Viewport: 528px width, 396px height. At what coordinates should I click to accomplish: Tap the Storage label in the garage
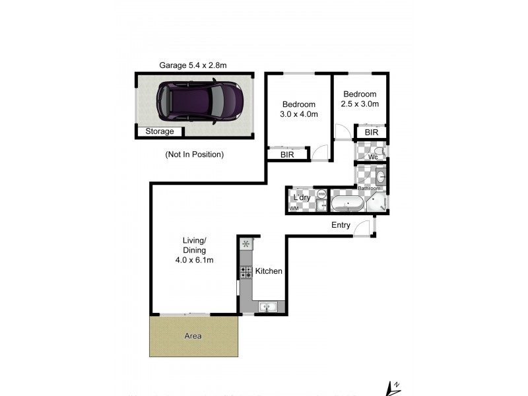click(160, 131)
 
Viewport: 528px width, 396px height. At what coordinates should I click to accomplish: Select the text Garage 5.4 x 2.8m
click(193, 65)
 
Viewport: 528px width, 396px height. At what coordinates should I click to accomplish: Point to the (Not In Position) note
click(194, 154)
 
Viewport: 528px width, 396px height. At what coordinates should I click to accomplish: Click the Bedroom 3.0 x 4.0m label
click(300, 109)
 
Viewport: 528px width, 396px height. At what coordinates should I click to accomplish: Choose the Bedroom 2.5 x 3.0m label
click(360, 99)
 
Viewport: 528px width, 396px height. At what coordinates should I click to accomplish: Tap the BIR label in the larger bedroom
click(287, 154)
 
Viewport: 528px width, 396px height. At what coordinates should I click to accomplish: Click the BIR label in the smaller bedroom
click(372, 133)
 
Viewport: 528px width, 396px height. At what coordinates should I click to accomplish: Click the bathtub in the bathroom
click(346, 203)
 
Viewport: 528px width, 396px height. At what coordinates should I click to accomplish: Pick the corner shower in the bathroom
click(380, 205)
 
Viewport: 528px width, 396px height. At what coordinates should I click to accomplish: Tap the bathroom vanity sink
click(381, 177)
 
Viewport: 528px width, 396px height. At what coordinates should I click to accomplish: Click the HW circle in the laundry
click(321, 194)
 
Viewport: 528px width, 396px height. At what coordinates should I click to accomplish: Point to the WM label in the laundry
click(294, 209)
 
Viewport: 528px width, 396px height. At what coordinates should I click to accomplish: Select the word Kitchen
click(269, 271)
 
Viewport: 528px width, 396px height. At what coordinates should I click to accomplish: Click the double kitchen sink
click(268, 306)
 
